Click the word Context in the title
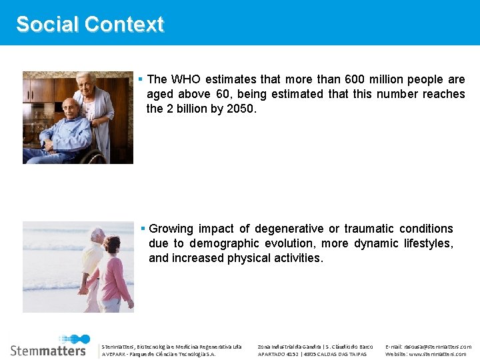(x=125, y=25)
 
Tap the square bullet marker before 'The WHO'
(x=141, y=79)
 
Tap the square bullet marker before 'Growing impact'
(x=143, y=228)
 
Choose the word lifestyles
(x=428, y=243)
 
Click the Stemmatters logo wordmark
(x=49, y=349)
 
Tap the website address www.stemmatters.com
(x=437, y=354)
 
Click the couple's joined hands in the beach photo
(x=85, y=289)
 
